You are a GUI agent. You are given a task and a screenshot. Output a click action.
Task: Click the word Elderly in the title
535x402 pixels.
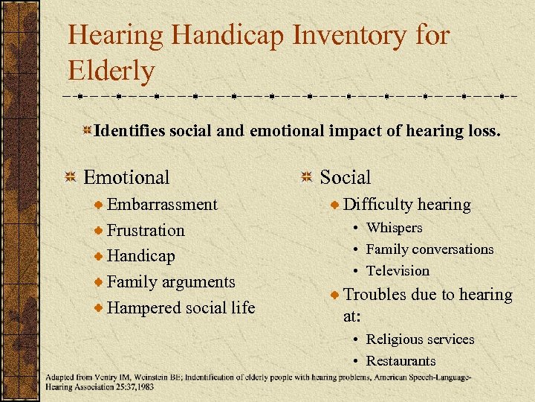click(111, 71)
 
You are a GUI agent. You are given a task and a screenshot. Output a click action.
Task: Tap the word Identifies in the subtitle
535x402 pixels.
click(130, 131)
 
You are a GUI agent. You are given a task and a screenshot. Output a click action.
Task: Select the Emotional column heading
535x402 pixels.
click(126, 177)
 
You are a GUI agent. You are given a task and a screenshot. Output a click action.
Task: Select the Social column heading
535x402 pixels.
click(345, 177)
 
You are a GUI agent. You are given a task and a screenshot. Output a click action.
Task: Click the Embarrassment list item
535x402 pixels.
click(162, 205)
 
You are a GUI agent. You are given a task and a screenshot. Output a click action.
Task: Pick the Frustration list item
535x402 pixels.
click(146, 231)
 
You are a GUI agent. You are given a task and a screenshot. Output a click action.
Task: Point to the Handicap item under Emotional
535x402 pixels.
click(141, 256)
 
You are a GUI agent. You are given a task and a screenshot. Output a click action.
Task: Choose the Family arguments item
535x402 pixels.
click(171, 282)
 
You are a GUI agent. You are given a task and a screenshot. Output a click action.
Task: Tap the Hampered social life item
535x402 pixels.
click(181, 307)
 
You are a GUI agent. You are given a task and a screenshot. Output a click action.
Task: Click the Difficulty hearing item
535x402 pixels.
click(406, 205)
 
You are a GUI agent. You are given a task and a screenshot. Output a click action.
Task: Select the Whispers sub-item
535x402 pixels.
click(394, 228)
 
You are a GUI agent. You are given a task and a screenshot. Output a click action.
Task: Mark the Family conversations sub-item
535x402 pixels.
click(429, 249)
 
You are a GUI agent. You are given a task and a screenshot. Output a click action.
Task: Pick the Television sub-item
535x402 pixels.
click(398, 271)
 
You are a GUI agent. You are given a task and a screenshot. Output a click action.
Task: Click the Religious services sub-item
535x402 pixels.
click(420, 339)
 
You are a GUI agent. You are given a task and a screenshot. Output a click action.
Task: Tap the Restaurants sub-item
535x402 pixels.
click(401, 361)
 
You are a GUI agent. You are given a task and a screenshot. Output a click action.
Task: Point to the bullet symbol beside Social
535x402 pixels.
click(307, 177)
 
